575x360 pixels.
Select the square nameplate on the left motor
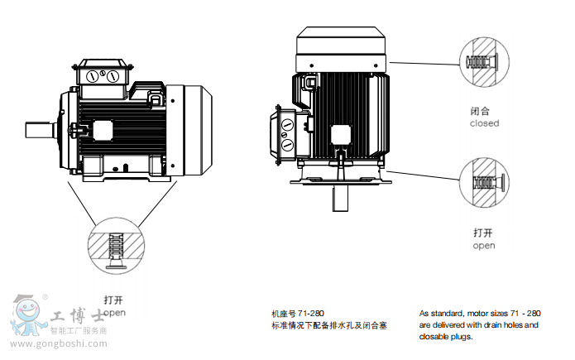point(104,130)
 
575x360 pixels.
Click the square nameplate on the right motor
point(341,136)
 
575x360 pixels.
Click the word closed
point(484,123)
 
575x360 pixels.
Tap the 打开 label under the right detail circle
point(484,233)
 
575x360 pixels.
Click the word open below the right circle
point(484,246)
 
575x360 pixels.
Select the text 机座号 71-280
point(298,314)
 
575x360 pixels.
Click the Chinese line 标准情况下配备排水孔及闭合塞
point(329,325)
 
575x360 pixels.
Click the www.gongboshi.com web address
point(59,343)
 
